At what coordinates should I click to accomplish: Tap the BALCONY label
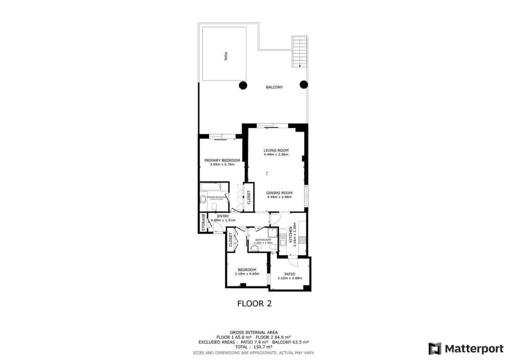coord(274,87)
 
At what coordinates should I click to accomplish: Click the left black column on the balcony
coord(243,85)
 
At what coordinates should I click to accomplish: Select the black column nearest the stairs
coord(304,84)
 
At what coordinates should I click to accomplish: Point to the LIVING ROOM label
coord(276,150)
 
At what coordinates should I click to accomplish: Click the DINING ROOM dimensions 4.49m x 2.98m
coord(279,197)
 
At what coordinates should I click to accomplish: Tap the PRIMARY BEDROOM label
coord(222,160)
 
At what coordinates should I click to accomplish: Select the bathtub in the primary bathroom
coord(210,187)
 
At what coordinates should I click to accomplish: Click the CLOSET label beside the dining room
coord(249,197)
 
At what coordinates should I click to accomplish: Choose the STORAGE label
coord(203,223)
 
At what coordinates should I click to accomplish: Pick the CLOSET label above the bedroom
coord(231,240)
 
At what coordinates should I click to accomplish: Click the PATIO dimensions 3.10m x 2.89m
coord(289,278)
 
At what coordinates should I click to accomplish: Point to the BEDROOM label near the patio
coord(247,270)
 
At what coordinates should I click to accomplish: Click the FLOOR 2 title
coord(254,303)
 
